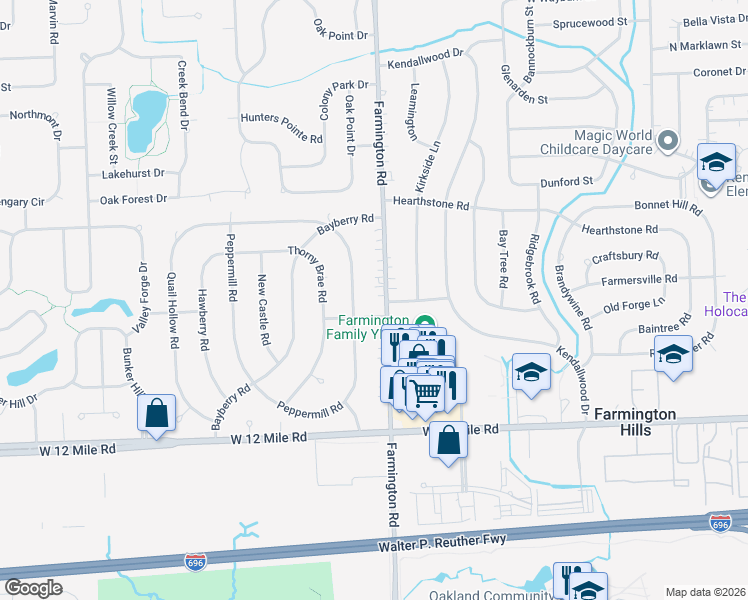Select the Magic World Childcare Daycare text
point(613,142)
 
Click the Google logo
point(33,587)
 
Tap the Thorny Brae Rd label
point(307,274)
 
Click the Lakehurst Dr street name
point(132,173)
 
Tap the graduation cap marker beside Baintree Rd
point(674,355)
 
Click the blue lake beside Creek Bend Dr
point(149,107)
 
